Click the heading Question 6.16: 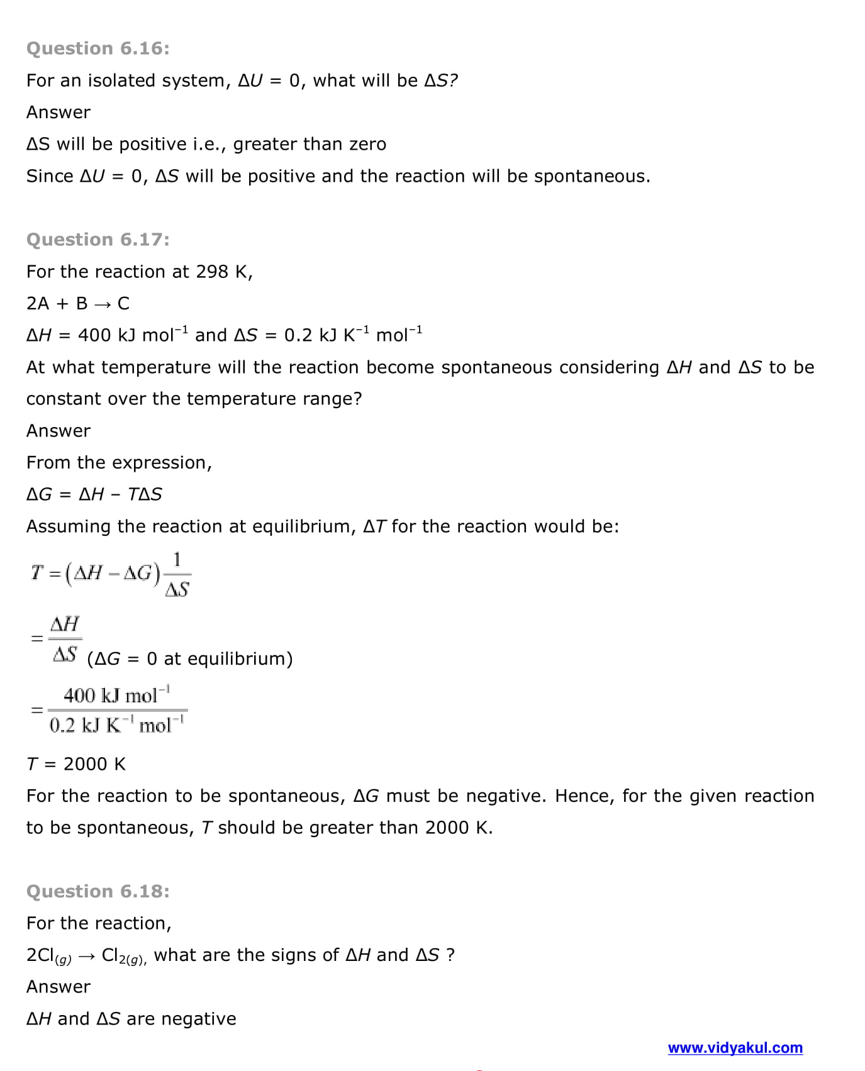98,48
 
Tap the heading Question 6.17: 98,240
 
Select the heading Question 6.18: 98,891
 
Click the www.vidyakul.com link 735,1048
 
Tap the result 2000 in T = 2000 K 85,764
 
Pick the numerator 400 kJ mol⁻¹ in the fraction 116,696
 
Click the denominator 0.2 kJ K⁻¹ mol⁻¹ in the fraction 117,725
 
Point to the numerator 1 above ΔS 177,559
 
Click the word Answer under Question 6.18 59,987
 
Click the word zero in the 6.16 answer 367,145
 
